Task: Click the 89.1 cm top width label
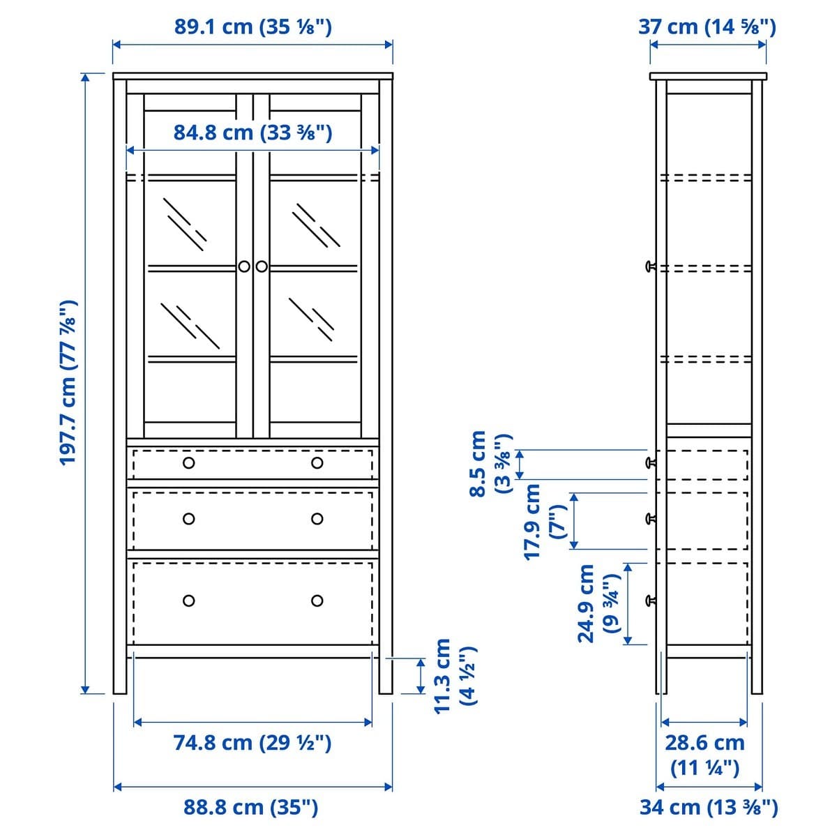click(x=252, y=27)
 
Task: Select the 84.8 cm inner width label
click(x=252, y=132)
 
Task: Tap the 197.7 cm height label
click(x=68, y=383)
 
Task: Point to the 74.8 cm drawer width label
click(x=252, y=743)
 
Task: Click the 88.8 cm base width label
click(x=251, y=807)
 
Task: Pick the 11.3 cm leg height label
click(x=454, y=675)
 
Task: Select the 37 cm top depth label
click(x=707, y=27)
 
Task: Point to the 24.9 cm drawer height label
click(x=598, y=603)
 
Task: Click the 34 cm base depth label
click(x=709, y=807)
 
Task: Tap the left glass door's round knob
click(x=244, y=266)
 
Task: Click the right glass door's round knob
click(x=262, y=266)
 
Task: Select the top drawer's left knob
click(x=188, y=463)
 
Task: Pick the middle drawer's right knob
click(x=317, y=518)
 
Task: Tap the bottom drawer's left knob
click(x=188, y=601)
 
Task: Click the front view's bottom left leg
click(x=120, y=670)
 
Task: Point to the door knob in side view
click(x=651, y=266)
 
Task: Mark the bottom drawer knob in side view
click(x=651, y=600)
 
